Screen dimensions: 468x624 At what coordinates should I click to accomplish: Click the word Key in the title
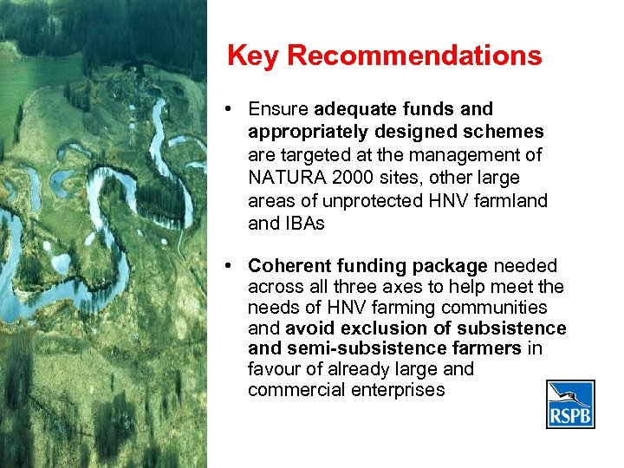point(253,56)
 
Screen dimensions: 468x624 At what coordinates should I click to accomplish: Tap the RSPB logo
point(570,405)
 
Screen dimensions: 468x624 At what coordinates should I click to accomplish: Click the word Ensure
point(278,109)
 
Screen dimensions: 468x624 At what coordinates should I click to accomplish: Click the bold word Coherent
point(287,265)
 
